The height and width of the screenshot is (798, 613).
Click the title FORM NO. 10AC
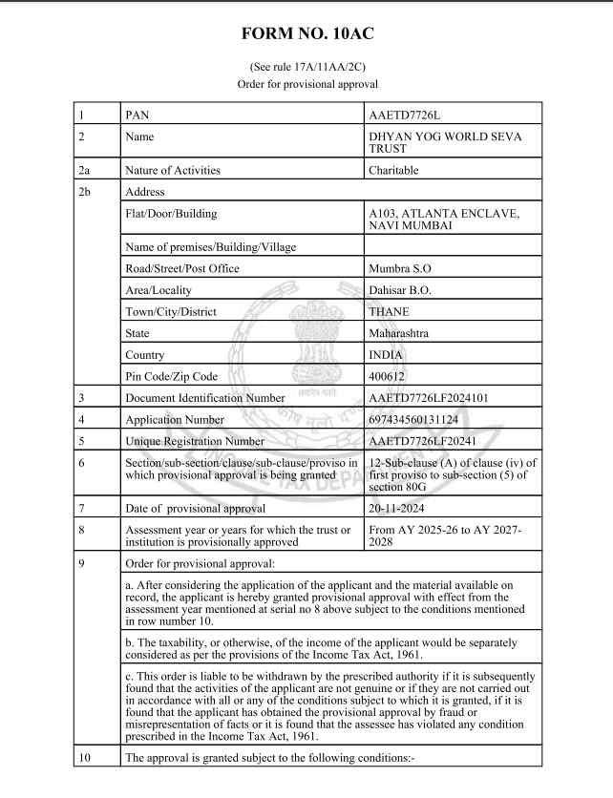[x=306, y=34]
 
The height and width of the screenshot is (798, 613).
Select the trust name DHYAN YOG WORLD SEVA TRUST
[x=445, y=142]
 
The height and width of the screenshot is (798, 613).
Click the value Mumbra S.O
[x=400, y=268]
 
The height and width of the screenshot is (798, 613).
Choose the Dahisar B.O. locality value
[x=402, y=290]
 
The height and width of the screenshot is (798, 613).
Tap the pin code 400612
[x=388, y=376]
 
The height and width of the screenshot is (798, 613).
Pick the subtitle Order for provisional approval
[x=306, y=84]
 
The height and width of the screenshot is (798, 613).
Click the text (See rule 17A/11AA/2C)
[x=306, y=67]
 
